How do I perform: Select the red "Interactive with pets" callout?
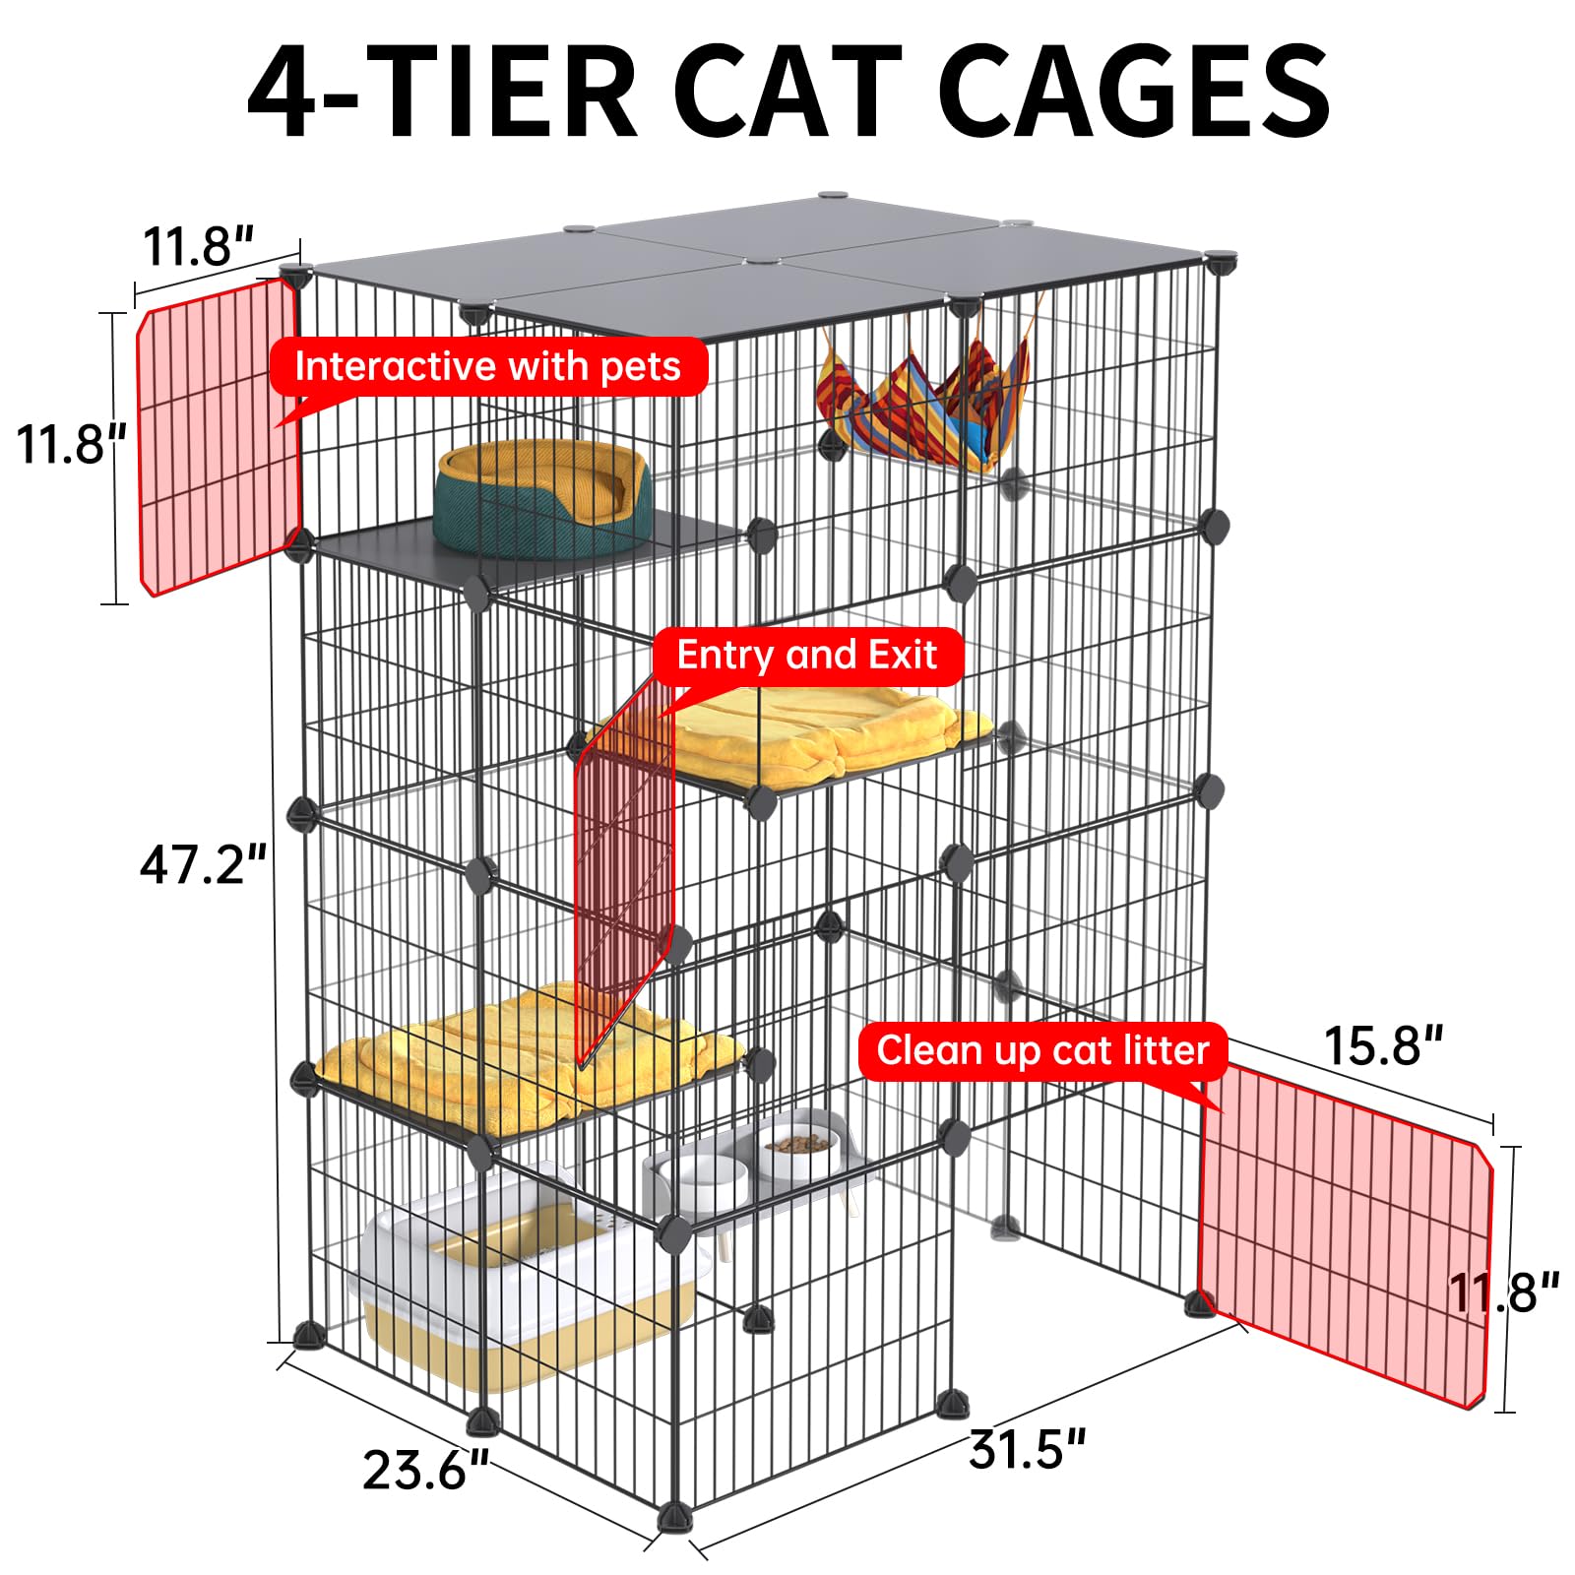coord(488,367)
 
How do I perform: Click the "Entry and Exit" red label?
coord(807,656)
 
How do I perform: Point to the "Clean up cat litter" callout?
coord(1042,1051)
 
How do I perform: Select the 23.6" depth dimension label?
coord(425,1470)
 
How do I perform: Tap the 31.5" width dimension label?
coord(1027,1449)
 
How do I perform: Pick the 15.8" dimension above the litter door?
coord(1383,1045)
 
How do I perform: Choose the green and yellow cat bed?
coord(541,496)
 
